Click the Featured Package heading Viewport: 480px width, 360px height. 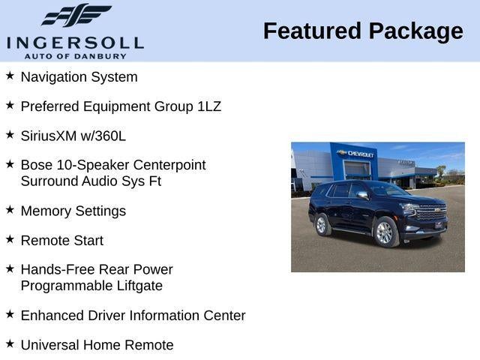click(x=363, y=31)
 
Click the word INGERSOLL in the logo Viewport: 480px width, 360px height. click(x=75, y=42)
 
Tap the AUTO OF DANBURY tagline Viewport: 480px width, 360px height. click(x=75, y=56)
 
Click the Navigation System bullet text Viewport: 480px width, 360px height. click(x=79, y=77)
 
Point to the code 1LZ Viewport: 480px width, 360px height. click(x=209, y=106)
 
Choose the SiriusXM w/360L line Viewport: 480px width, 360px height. click(x=73, y=136)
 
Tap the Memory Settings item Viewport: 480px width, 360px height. click(x=73, y=211)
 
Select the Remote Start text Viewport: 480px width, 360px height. click(x=61, y=241)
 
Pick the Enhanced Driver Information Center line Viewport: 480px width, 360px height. click(x=133, y=316)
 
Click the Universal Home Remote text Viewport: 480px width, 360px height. click(x=97, y=345)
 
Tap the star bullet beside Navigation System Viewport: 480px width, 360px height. click(x=10, y=76)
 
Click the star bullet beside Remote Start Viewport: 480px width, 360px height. click(x=10, y=239)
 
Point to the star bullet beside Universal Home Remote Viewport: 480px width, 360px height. click(x=10, y=343)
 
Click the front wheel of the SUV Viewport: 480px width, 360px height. click(x=385, y=233)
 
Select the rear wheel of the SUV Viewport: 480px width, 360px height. click(x=322, y=224)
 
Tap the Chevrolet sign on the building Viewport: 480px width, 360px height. click(x=357, y=153)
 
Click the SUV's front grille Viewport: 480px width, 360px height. click(x=431, y=214)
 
